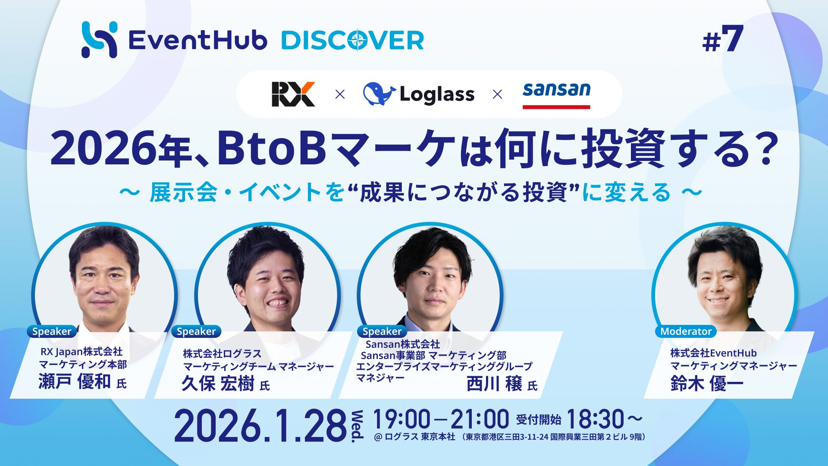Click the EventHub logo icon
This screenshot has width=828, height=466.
[99, 39]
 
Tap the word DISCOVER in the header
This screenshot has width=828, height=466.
[353, 40]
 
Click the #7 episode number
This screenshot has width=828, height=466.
[723, 38]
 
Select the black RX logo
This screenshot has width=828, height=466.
[293, 94]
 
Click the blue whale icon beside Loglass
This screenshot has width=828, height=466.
[379, 94]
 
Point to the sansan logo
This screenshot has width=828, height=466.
[556, 94]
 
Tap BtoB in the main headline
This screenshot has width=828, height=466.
[271, 149]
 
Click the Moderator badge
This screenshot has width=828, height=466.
[686, 331]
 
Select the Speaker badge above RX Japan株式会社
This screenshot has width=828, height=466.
[52, 331]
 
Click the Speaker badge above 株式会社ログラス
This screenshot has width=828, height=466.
[196, 331]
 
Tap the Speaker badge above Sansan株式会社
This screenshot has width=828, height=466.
[382, 331]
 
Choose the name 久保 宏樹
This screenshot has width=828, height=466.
[218, 383]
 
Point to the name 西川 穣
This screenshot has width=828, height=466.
[494, 383]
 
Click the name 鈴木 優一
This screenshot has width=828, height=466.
[707, 383]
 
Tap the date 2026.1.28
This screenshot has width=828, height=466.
[260, 426]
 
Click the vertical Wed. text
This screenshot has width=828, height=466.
[357, 426]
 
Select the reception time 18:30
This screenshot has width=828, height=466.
[595, 419]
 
